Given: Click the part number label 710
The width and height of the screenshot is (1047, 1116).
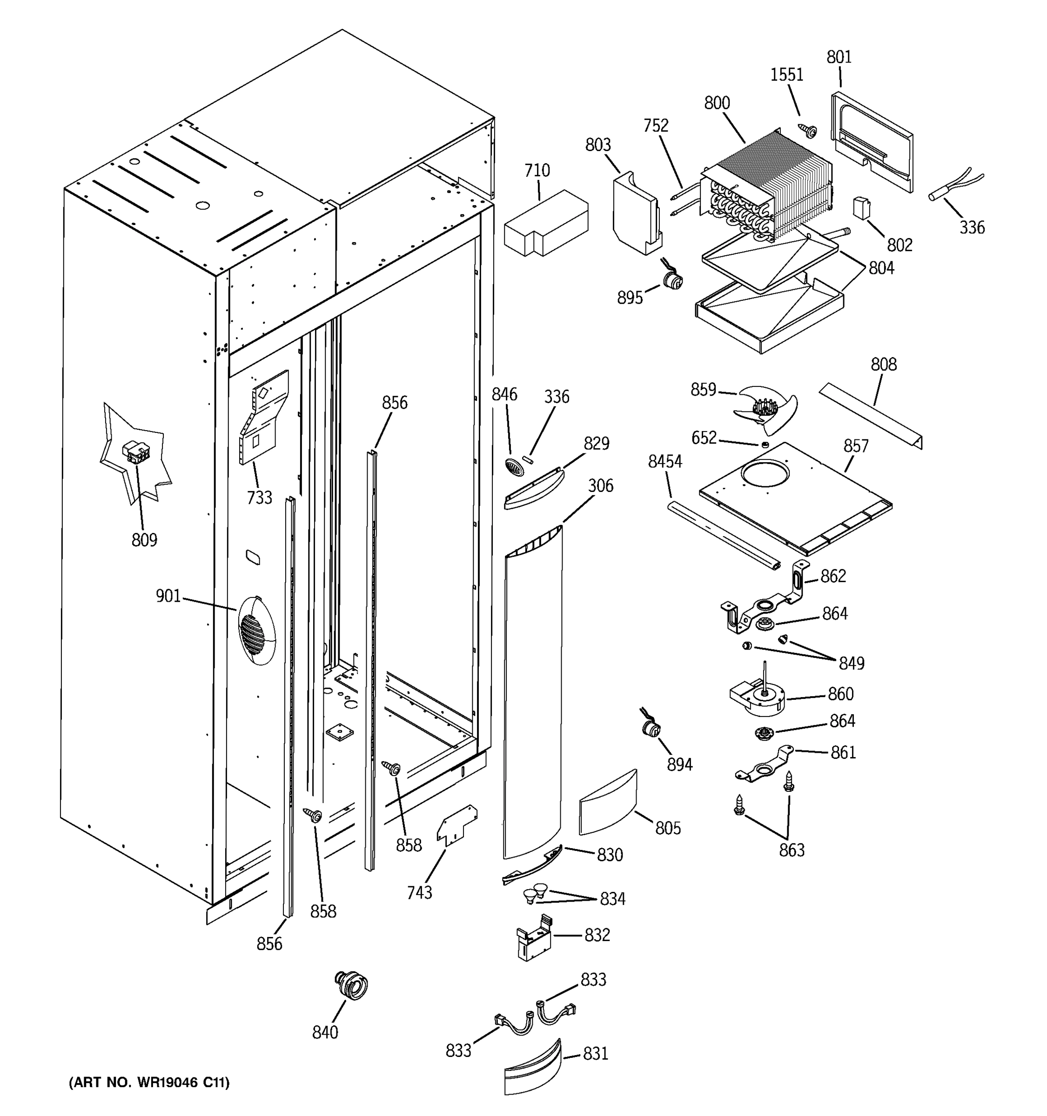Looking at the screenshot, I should point(537,170).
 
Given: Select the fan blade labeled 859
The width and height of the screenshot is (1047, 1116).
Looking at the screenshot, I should point(765,410).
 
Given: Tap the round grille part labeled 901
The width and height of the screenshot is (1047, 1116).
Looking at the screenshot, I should point(257,631).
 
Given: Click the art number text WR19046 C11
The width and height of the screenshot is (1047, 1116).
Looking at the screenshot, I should point(149,1083).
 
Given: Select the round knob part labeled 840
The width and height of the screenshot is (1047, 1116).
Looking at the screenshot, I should point(352,985).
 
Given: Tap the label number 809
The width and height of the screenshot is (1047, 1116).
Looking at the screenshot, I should point(144,540).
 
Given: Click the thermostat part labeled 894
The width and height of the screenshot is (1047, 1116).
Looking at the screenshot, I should point(651,729).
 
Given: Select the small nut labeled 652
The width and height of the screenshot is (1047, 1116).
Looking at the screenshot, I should point(765,445).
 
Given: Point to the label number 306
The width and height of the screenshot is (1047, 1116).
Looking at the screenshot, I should point(600,485).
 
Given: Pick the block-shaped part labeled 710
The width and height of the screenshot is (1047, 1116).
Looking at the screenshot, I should point(545,224).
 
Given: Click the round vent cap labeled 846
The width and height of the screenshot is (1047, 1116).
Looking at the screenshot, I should point(514,467).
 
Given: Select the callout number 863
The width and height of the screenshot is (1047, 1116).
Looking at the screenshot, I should point(792,850).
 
